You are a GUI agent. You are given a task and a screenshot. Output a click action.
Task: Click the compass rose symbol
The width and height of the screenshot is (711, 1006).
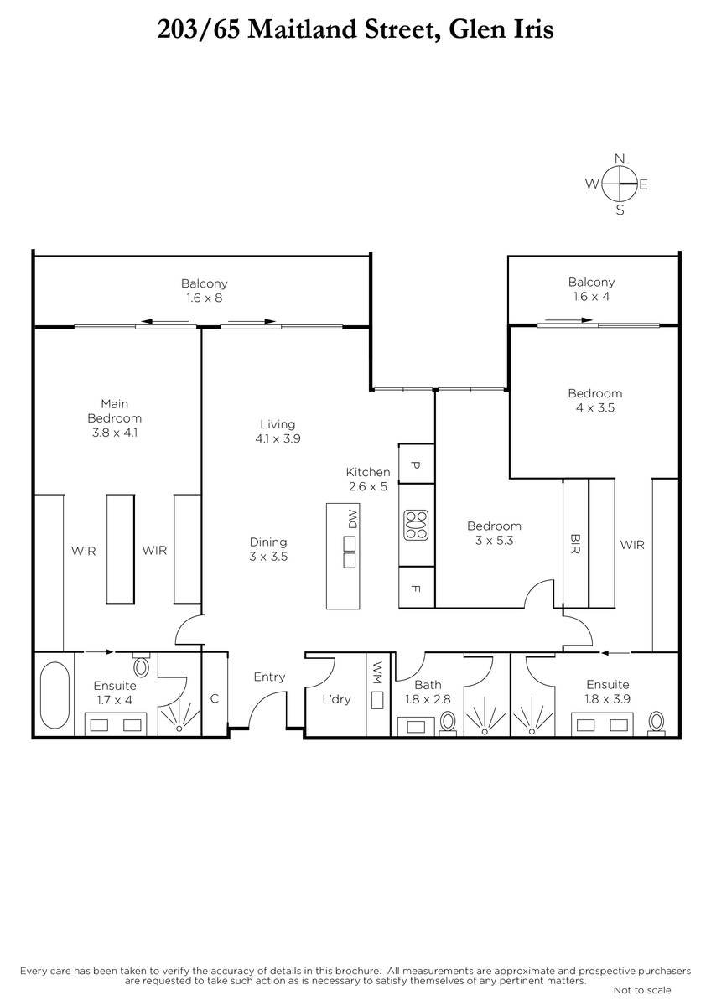point(619,184)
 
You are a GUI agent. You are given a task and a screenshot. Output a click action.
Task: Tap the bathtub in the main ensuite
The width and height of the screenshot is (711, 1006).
point(54,695)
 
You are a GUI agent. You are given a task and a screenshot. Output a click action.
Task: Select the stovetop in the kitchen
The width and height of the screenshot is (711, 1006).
point(416,525)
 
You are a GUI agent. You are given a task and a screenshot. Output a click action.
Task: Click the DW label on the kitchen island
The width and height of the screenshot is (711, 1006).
point(353,519)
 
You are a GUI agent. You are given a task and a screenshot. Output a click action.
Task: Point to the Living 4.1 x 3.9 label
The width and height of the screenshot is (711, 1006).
point(278,431)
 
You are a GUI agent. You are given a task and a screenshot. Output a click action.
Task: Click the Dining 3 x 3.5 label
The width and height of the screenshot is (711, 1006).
point(268,549)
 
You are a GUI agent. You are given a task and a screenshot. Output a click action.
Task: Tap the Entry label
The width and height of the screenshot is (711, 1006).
point(269,677)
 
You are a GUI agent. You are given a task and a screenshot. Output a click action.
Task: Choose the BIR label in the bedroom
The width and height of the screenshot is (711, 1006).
point(575,544)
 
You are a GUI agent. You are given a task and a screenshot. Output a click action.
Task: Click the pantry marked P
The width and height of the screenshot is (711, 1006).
point(417,464)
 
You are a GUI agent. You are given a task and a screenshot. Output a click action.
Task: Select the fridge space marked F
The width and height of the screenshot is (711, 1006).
point(417,588)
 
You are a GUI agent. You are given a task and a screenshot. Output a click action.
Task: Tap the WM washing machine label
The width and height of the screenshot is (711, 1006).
point(377,672)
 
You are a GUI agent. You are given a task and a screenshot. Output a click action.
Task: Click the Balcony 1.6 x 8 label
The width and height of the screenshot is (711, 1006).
point(205,291)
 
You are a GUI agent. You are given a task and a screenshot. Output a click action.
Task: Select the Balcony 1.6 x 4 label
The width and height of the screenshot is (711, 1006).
point(592,289)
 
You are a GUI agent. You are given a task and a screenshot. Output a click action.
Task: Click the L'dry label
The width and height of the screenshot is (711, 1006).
point(336,699)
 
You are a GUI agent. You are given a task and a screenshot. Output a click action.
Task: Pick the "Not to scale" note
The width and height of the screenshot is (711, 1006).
point(642,990)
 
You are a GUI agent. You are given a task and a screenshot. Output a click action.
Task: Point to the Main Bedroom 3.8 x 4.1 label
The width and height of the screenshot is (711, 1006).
point(115,418)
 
